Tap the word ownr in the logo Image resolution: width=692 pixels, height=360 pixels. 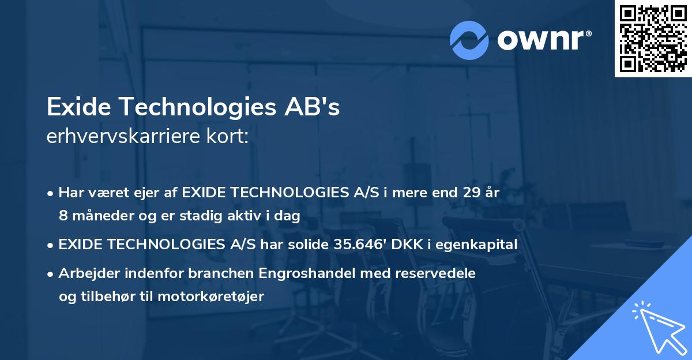542,40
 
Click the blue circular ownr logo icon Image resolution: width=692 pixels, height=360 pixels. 469,40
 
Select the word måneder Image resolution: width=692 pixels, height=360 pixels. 100,216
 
